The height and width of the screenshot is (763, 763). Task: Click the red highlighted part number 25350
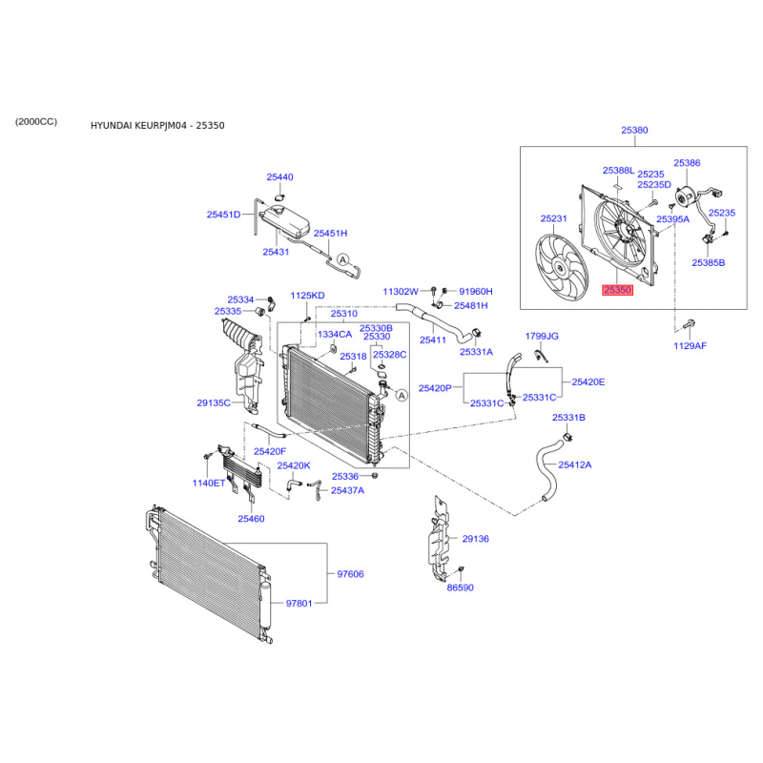pos(617,290)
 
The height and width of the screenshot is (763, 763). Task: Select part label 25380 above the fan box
pos(634,130)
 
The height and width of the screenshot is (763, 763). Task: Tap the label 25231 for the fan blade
pos(554,218)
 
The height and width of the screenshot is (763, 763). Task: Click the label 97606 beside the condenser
pos(350,574)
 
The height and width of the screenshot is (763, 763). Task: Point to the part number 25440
pos(279,177)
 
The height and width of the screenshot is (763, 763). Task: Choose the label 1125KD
pos(307,296)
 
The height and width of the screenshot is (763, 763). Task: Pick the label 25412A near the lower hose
pos(575,464)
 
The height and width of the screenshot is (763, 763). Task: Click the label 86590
pos(461,588)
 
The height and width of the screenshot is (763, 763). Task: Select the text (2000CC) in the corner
pos(36,121)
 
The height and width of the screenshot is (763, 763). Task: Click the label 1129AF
pos(690,345)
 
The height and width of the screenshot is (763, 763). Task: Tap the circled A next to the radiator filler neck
pos(402,396)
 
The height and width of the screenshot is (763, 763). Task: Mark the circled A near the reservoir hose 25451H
pos(343,259)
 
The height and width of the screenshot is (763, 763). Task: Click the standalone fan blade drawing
pos(562,268)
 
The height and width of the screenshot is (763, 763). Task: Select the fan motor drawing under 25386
pos(685,197)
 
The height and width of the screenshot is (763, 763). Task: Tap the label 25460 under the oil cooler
pos(251,519)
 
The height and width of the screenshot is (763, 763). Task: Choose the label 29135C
pos(214,402)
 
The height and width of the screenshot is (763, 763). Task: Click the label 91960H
pos(476,292)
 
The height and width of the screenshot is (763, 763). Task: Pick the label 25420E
pos(588,382)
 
